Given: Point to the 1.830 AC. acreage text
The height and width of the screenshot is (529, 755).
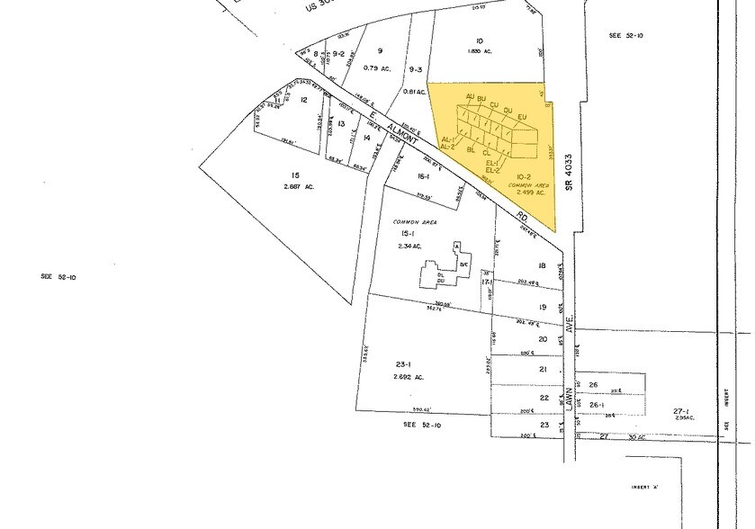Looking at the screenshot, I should point(482,51).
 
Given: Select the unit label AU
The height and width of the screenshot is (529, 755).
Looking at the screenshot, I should point(470,96).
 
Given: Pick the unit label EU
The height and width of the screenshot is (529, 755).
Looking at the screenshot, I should point(522,116).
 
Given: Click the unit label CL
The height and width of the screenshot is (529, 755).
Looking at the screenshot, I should point(486,154).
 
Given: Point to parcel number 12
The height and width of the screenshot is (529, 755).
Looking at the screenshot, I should point(304,100).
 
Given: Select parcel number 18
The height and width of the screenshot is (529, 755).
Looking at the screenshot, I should point(542,265).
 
